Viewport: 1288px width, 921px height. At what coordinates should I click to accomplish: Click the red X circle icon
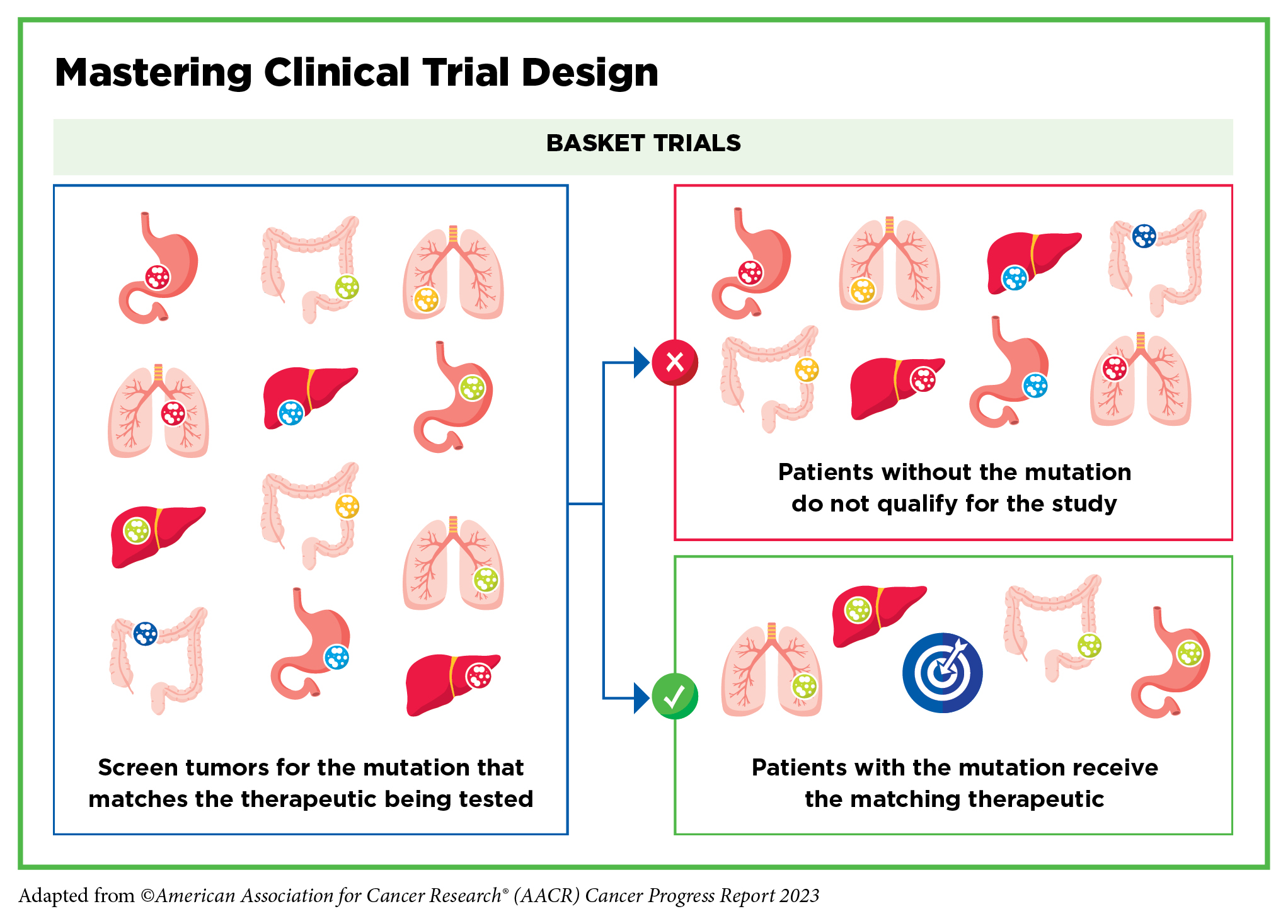(675, 362)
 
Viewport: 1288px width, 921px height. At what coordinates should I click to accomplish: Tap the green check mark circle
(675, 696)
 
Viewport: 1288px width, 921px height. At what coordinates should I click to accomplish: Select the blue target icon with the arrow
(942, 672)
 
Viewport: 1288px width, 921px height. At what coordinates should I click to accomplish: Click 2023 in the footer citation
(799, 895)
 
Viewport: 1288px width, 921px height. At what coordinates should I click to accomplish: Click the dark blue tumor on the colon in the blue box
(146, 633)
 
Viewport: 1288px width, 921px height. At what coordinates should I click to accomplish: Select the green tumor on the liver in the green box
(858, 610)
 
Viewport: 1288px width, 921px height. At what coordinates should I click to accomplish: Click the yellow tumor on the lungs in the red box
(863, 291)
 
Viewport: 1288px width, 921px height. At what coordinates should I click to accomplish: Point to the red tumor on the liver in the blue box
(478, 677)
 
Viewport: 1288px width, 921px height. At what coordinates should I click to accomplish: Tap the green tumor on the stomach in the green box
(1190, 653)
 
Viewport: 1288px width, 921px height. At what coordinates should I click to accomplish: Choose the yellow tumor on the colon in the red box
(807, 370)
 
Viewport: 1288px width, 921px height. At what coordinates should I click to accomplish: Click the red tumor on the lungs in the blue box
(173, 413)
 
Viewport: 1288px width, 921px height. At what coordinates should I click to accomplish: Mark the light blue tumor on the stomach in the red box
(1035, 386)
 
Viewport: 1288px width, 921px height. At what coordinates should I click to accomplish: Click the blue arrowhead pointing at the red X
(641, 362)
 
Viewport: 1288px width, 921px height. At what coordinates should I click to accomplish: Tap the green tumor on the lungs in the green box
(805, 686)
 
